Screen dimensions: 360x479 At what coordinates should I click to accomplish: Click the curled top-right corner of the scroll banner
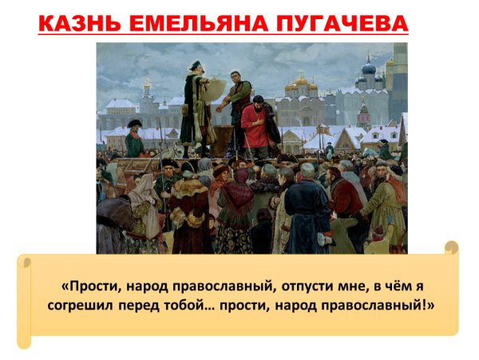[451, 247]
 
